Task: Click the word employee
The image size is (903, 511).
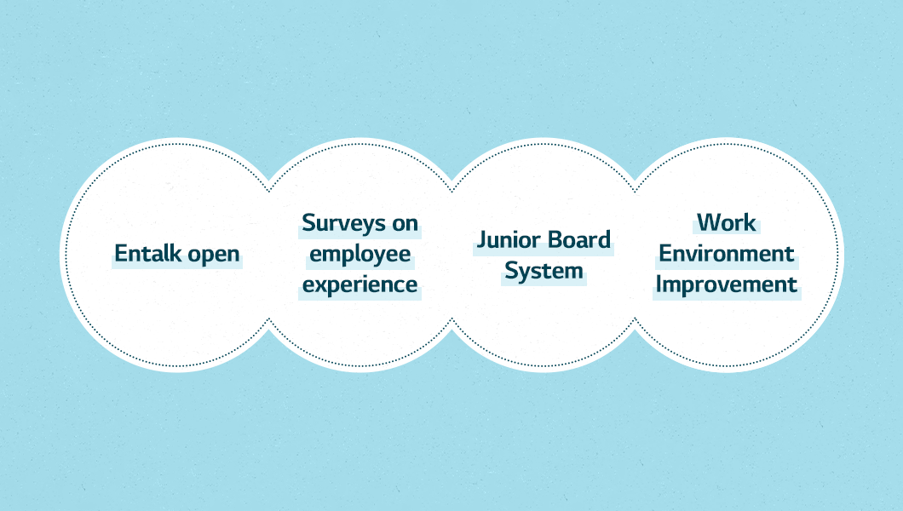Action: [360, 255]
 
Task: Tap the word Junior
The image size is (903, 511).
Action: [509, 240]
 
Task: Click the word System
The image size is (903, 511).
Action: [544, 272]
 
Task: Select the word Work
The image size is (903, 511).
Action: [726, 222]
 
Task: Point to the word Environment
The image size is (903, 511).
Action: [726, 253]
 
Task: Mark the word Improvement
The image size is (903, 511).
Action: [726, 284]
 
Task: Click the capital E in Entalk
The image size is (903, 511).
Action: [121, 253]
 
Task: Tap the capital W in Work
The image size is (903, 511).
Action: [710, 222]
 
